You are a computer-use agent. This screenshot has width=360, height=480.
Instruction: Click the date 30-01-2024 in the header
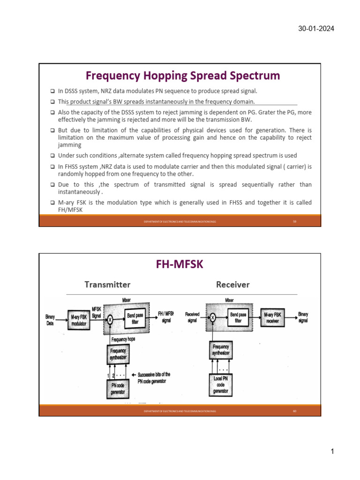[316, 29]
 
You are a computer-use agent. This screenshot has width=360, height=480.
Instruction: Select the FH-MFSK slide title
[180, 265]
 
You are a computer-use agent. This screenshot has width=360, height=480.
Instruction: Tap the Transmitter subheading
[107, 285]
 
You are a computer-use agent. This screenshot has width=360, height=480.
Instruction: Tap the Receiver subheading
[232, 285]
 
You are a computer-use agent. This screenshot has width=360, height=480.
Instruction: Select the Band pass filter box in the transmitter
[135, 318]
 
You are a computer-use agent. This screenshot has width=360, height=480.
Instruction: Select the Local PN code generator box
[220, 384]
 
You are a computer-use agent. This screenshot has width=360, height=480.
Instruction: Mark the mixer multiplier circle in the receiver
[212, 318]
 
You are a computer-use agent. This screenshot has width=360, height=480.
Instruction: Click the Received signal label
[192, 317]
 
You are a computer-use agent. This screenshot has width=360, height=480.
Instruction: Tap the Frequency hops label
[123, 339]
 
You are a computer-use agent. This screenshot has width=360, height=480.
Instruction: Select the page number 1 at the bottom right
[332, 451]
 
